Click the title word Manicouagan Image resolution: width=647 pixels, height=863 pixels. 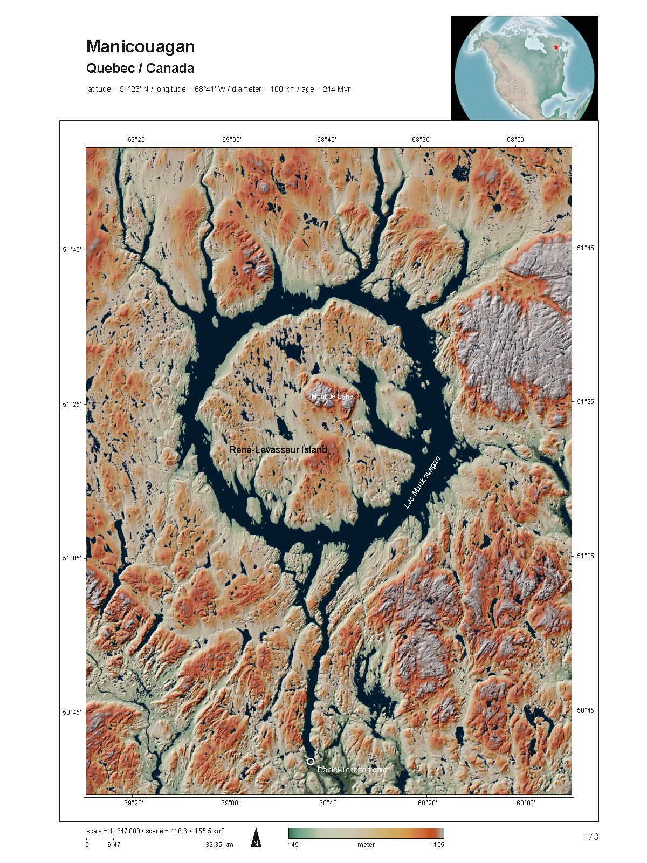coord(140,47)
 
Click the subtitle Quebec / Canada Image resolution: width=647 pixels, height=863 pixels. coord(140,69)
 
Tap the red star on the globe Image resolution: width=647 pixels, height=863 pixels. coord(556,47)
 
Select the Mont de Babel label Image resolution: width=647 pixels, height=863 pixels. coord(333,396)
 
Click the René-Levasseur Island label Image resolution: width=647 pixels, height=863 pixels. coord(278,449)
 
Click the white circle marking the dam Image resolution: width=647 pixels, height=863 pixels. coord(310,761)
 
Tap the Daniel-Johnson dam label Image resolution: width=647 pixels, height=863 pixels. coord(352,770)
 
